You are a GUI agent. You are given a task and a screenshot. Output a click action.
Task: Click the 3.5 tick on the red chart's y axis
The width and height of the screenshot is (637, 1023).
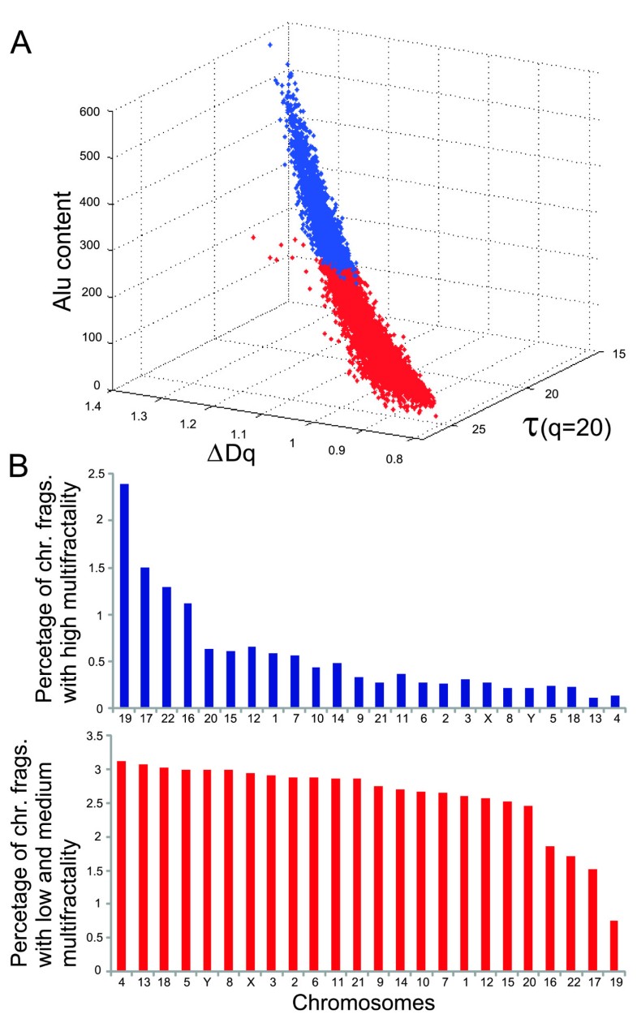(x=98, y=737)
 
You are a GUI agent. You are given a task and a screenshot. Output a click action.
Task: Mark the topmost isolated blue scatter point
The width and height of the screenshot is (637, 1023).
(x=269, y=45)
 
